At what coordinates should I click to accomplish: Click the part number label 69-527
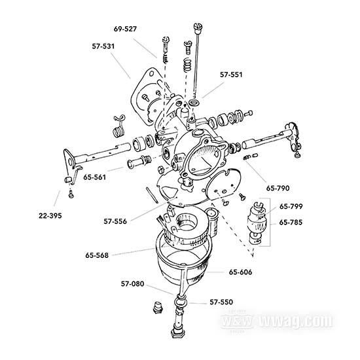point(125,29)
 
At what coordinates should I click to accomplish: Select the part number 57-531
point(103,46)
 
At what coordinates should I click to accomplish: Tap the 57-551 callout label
point(231,75)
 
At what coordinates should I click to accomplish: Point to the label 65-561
point(95,177)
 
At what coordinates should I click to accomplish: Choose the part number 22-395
point(50,216)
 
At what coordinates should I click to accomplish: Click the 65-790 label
point(278,189)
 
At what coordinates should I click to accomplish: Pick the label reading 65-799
point(291,206)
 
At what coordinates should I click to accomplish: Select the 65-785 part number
point(291,223)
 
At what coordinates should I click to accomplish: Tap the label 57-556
point(115,221)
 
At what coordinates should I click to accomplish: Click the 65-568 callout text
point(97,255)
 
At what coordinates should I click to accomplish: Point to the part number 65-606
point(241,272)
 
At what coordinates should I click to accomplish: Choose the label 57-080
point(132,284)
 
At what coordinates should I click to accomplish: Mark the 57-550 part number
point(221,302)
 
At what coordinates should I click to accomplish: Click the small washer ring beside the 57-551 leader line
point(194,102)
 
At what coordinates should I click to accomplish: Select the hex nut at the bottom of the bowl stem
point(177,333)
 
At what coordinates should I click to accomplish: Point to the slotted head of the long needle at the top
point(198,27)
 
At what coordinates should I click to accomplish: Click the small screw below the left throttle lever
point(71,194)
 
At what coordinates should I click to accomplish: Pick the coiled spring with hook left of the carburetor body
point(119,126)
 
